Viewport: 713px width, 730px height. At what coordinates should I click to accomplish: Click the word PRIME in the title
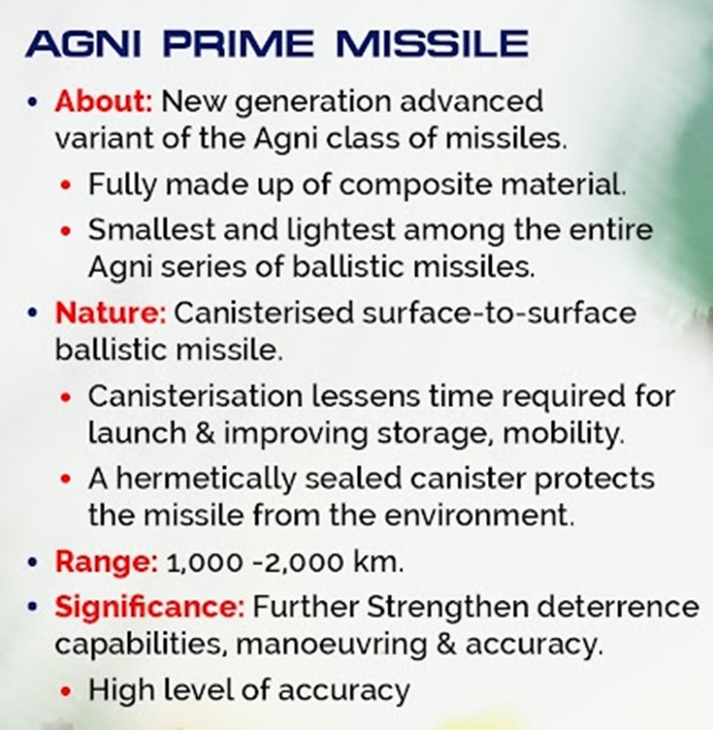(238, 43)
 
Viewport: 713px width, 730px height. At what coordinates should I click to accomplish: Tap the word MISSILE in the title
(432, 43)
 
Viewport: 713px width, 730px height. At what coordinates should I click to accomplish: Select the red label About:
(104, 101)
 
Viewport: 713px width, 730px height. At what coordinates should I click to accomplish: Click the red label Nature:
(110, 312)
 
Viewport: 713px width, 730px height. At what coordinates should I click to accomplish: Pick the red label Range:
(106, 562)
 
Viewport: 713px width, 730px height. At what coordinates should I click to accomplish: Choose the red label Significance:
(150, 608)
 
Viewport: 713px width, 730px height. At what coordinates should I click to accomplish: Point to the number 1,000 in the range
(204, 563)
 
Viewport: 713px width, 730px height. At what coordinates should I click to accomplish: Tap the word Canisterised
(264, 312)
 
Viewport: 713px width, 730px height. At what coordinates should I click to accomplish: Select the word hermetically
(205, 479)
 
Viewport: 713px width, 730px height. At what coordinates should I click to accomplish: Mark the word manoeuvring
(331, 645)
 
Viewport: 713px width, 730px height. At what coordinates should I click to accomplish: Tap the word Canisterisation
(196, 397)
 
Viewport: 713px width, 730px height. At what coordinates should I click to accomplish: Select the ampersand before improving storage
(205, 433)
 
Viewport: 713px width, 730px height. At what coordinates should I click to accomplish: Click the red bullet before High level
(66, 690)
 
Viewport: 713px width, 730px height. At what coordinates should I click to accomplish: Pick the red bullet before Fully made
(66, 186)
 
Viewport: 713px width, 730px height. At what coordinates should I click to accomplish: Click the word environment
(479, 515)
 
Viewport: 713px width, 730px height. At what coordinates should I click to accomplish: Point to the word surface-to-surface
(499, 313)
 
